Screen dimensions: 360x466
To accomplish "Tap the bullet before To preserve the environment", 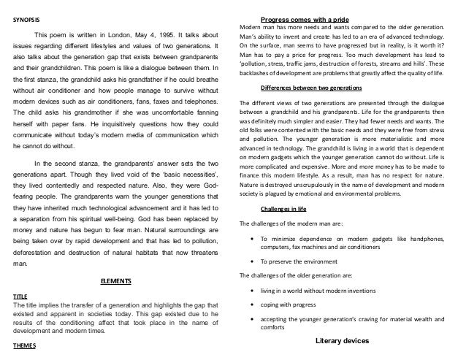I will coord(252,261).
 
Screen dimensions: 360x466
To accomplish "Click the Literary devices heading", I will coord(345,341).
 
